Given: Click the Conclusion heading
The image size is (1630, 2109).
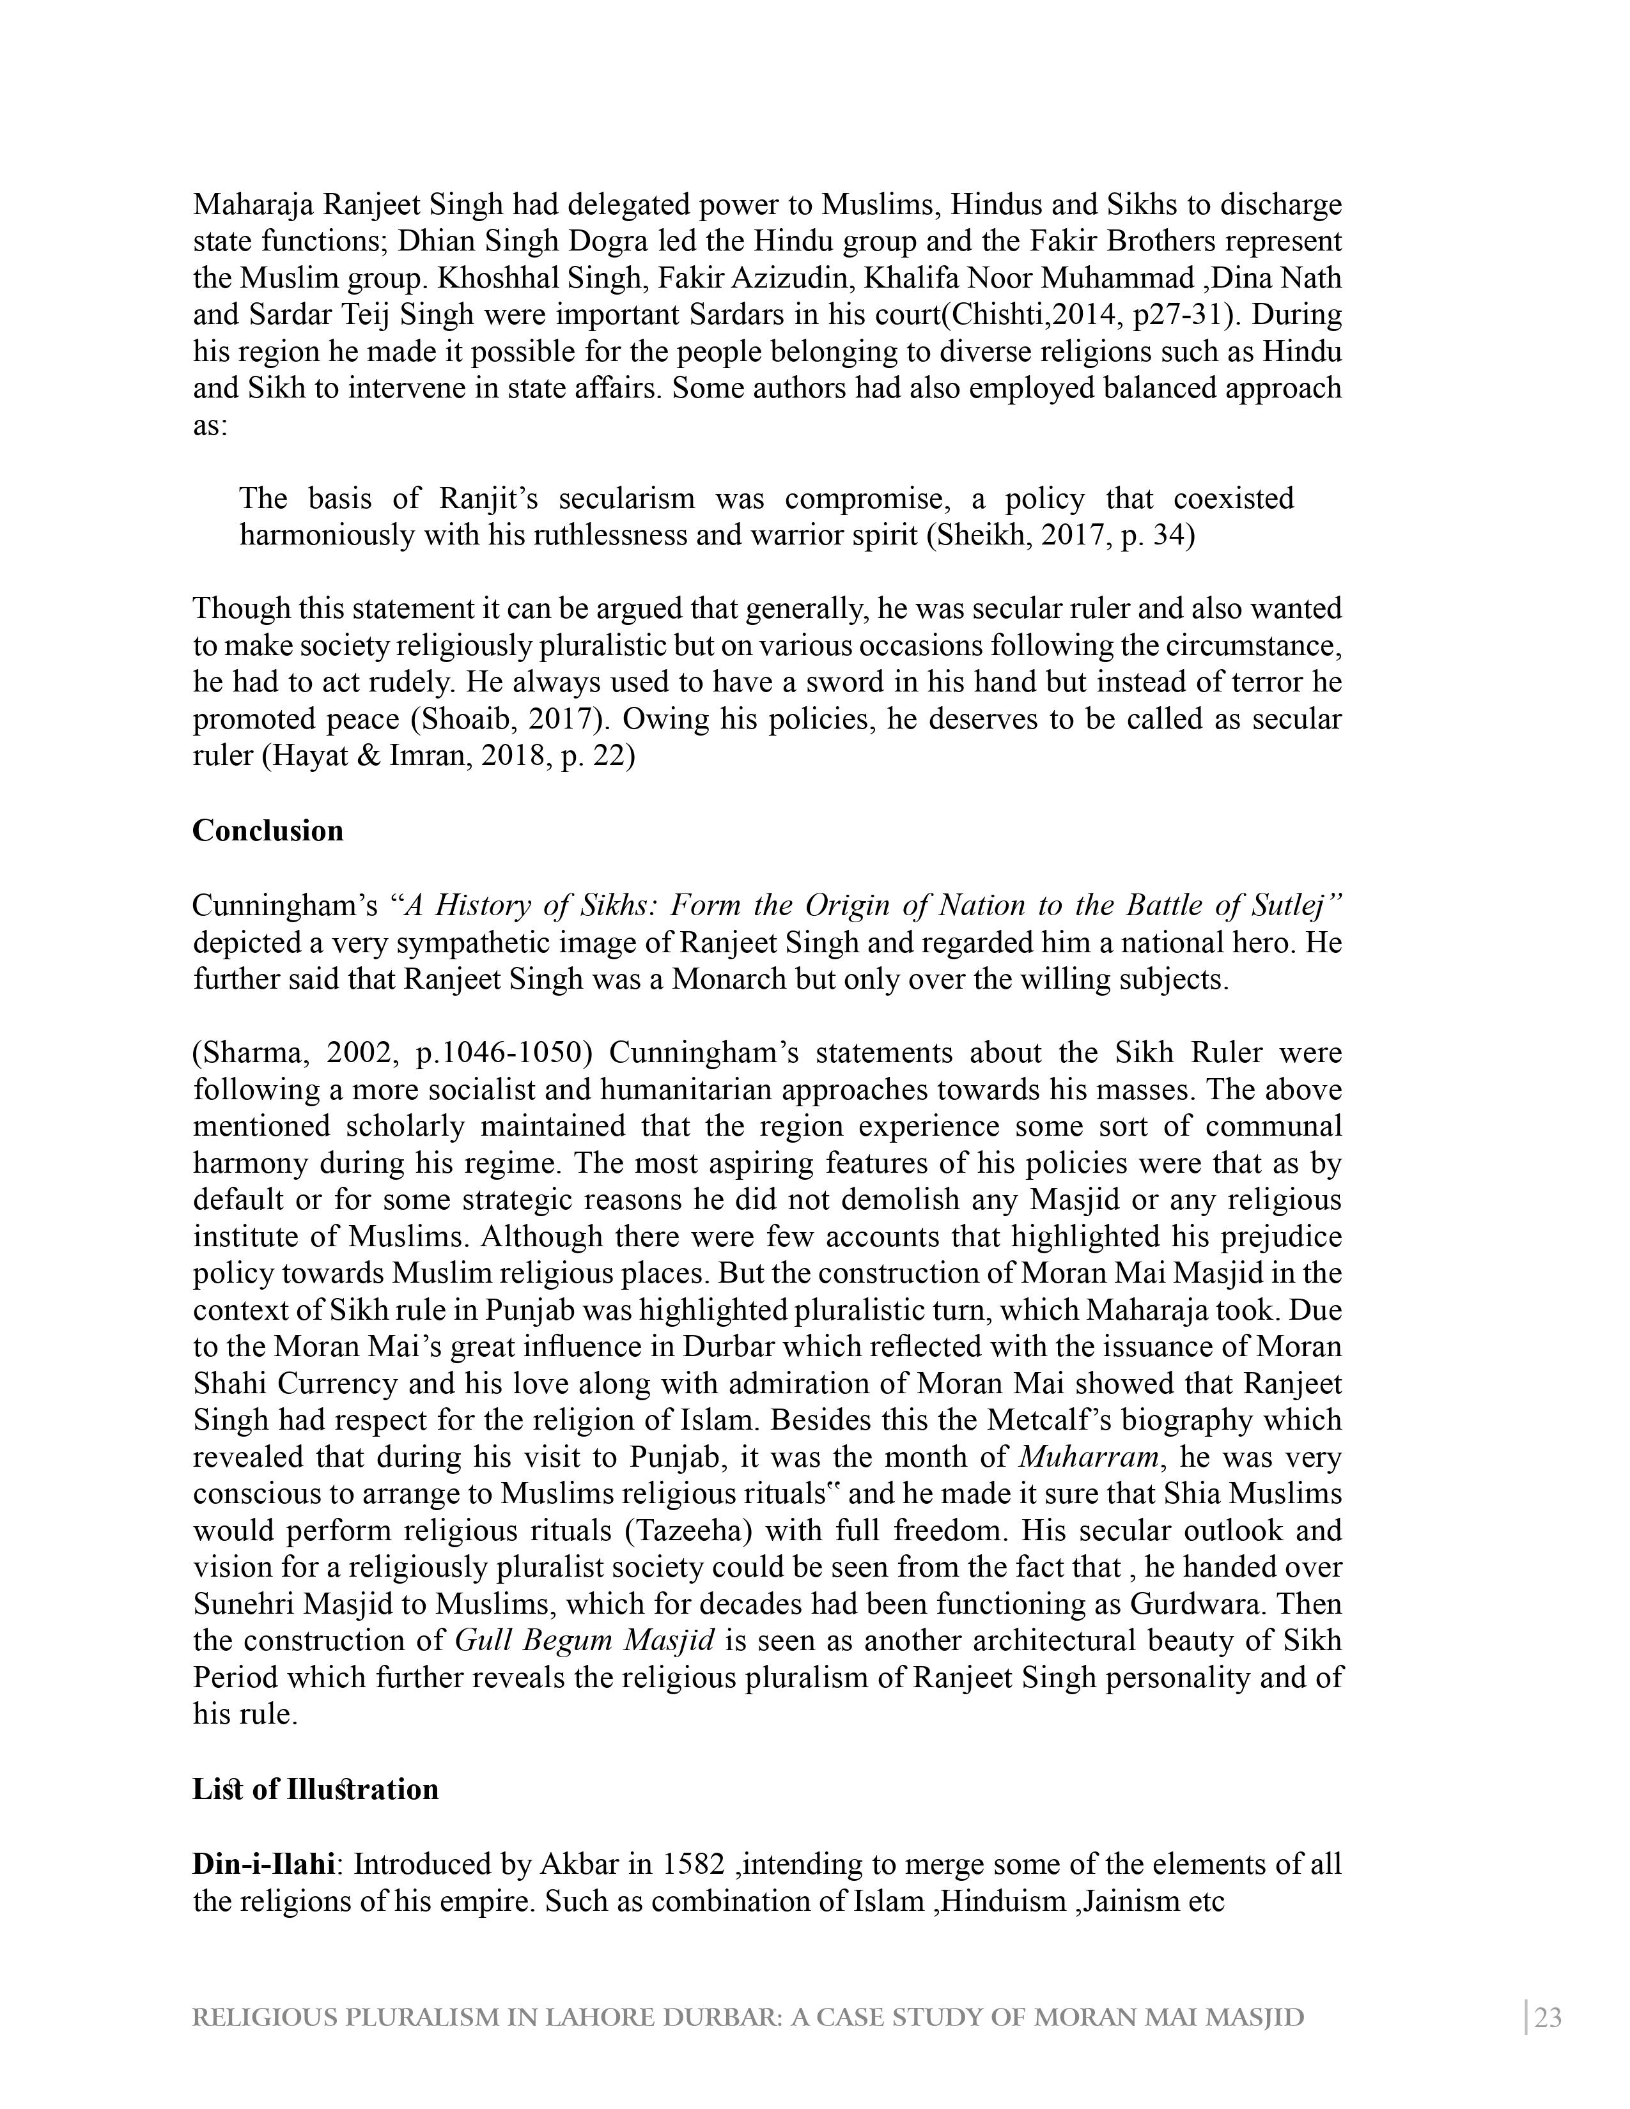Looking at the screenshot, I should click(x=267, y=831).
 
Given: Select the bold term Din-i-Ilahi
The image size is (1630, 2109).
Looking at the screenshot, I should click(x=263, y=1864).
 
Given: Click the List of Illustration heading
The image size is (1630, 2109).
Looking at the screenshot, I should click(x=314, y=1789).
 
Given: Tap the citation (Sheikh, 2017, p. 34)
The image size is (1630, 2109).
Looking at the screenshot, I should click(x=1060, y=535).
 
